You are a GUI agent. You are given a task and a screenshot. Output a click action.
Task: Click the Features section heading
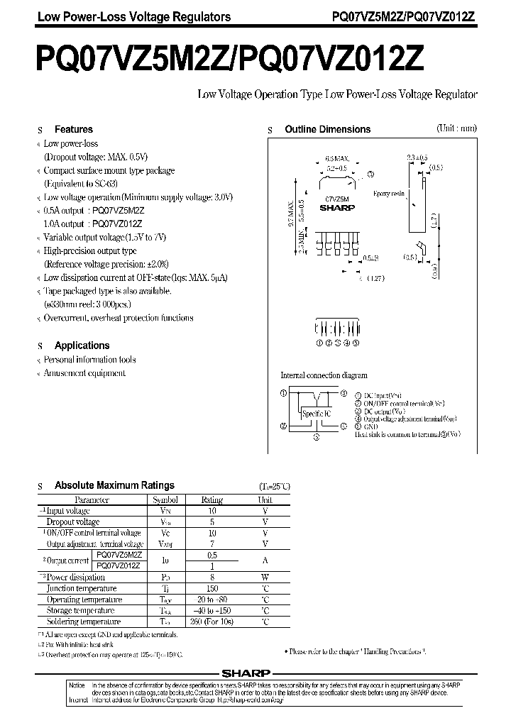click(74, 129)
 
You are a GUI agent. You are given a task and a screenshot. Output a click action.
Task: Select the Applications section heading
click(82, 346)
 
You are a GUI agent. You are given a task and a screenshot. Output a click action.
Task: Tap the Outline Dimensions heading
click(327, 129)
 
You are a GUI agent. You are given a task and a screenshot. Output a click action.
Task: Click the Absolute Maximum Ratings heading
click(114, 485)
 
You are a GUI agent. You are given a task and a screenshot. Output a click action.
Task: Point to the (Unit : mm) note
click(456, 128)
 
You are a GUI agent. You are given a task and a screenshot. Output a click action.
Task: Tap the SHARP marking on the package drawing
click(331, 209)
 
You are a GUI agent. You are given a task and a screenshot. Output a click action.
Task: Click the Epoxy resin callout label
click(388, 192)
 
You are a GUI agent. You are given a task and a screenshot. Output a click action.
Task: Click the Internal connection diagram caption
click(324, 375)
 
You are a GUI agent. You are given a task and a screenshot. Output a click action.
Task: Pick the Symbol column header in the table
click(165, 499)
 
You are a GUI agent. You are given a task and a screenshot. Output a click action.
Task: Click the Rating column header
click(212, 499)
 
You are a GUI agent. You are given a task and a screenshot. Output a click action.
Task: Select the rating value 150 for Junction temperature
click(212, 588)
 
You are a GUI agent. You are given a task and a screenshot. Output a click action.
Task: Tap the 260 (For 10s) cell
click(212, 622)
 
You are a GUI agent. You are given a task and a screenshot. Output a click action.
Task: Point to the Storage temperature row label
click(79, 610)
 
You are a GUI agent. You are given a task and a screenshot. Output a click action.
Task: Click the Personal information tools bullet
click(89, 360)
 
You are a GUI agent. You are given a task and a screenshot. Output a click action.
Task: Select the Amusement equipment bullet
click(84, 372)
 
